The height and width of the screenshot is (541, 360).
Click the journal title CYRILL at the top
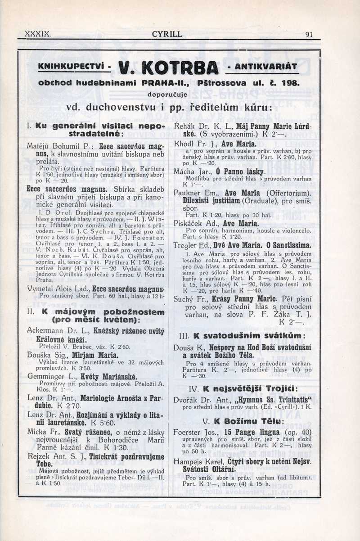coord(167,34)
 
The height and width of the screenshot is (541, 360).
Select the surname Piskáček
coord(189,223)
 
